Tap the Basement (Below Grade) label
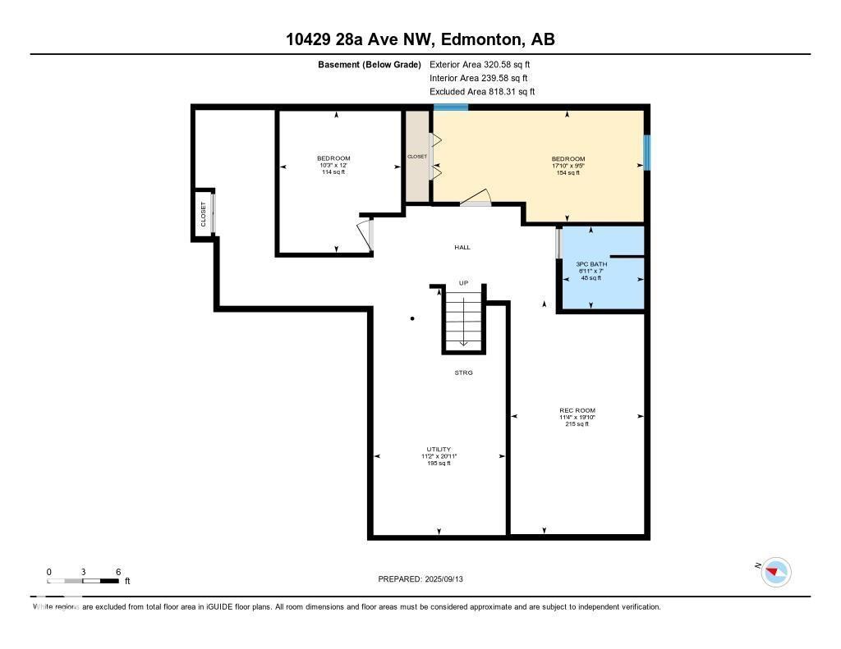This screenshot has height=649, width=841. [370, 64]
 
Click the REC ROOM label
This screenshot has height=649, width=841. [577, 410]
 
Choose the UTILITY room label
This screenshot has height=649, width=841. [439, 450]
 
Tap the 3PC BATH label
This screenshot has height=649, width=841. [589, 264]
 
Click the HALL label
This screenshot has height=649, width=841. [462, 247]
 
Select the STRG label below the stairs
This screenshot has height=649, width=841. [464, 372]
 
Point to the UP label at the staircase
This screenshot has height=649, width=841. [463, 283]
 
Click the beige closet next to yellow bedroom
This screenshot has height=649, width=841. [417, 156]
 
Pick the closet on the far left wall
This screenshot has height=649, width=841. [204, 214]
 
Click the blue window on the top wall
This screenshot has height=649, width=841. [451, 107]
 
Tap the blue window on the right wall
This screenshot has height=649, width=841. [647, 153]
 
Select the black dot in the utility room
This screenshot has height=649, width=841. [412, 318]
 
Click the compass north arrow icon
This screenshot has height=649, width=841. [775, 572]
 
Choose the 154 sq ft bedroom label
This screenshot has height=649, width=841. [568, 172]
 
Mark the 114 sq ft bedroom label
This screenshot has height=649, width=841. [333, 171]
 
